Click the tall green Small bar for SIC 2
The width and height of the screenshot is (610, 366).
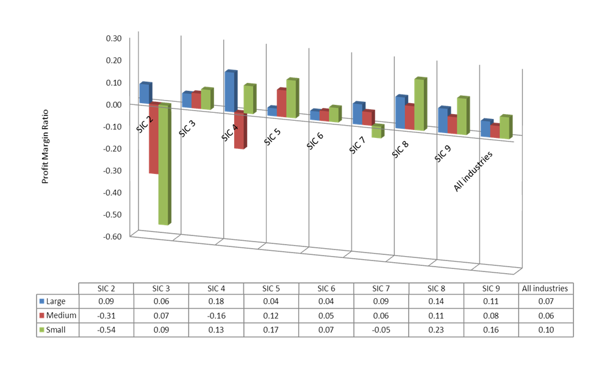click(x=163, y=165)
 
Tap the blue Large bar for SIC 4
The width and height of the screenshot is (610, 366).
click(x=230, y=91)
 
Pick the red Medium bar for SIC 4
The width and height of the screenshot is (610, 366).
click(x=239, y=131)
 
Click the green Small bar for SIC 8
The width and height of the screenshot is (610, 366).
click(x=419, y=104)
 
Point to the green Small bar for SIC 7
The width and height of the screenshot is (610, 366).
click(x=377, y=131)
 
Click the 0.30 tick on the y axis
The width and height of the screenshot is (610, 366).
click(x=114, y=38)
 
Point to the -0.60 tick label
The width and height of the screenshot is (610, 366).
click(x=113, y=236)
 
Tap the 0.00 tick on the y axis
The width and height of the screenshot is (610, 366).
click(x=114, y=104)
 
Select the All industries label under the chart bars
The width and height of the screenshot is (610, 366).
click(x=473, y=172)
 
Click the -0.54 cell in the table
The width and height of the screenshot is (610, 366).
click(x=106, y=330)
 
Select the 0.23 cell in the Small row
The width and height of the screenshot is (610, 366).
click(x=436, y=330)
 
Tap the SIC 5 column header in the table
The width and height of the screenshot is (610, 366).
click(x=271, y=288)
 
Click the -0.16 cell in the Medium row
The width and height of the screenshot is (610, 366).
click(x=216, y=315)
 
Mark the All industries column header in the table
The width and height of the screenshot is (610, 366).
click(x=546, y=288)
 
